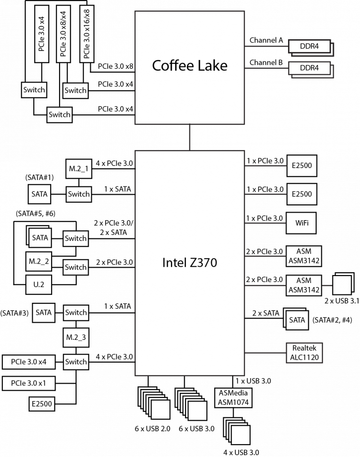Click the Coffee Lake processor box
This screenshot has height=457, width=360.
point(189,68)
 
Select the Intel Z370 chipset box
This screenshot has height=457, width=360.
point(189,263)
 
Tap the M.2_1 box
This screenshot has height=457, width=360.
point(78,169)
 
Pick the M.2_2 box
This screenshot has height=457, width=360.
point(39,261)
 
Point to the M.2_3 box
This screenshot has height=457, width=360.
point(76,337)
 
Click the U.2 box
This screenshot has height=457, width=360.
point(39,285)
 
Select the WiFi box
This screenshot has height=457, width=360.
point(302,224)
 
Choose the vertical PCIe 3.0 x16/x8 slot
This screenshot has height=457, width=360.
point(87,34)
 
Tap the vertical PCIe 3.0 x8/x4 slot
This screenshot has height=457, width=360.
point(64,34)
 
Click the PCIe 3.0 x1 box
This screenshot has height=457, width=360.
point(28,383)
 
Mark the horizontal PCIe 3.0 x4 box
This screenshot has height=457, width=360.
point(28,362)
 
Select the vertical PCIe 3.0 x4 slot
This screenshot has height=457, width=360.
point(42,34)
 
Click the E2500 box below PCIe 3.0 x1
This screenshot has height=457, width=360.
point(42,404)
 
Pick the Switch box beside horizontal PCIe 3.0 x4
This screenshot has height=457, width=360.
point(76,362)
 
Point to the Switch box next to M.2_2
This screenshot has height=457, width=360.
point(75,267)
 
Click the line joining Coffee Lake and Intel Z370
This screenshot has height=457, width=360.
point(190,137)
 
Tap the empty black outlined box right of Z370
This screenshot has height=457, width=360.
point(304,353)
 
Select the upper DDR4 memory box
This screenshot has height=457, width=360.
point(309,46)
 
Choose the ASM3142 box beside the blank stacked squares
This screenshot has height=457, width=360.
point(304,285)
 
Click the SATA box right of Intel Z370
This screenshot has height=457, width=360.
point(297,320)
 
